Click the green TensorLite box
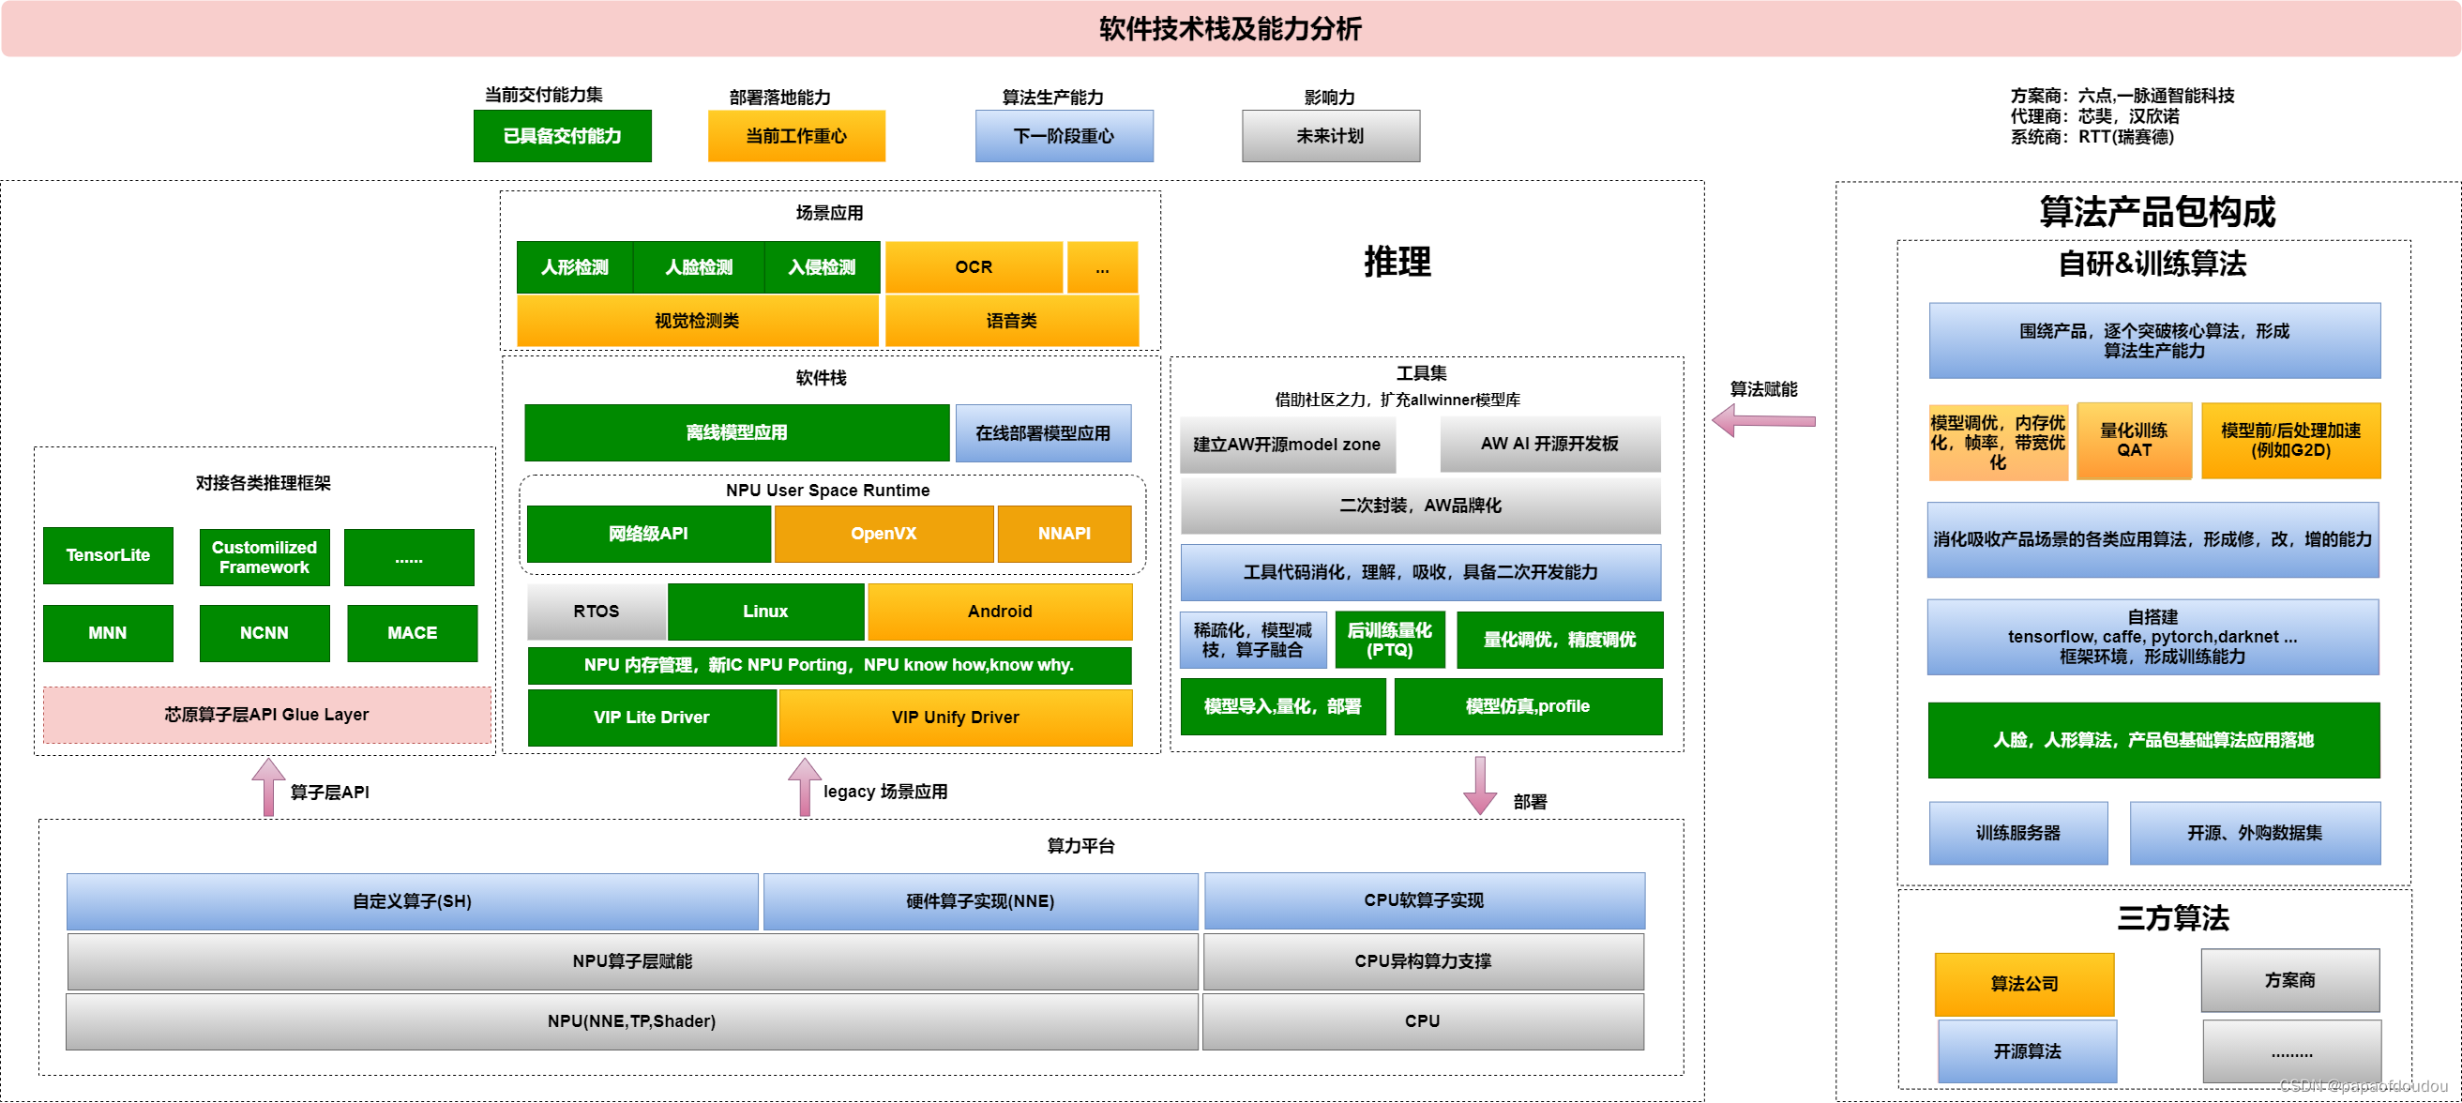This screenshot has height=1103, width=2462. (x=108, y=555)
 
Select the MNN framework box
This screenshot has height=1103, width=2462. (x=108, y=633)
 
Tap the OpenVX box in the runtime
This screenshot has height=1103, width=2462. (x=884, y=534)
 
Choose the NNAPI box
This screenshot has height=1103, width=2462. (x=1064, y=534)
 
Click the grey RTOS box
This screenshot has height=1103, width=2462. (x=597, y=612)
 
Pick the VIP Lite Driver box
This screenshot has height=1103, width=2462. (x=651, y=717)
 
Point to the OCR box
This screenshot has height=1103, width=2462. (x=973, y=267)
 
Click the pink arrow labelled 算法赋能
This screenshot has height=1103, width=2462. (x=1763, y=420)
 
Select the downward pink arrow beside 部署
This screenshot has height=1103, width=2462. (x=1479, y=786)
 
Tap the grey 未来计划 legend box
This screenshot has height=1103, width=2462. (x=1330, y=136)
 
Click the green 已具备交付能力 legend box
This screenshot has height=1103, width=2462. (x=562, y=136)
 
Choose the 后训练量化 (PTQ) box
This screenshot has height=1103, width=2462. (x=1389, y=640)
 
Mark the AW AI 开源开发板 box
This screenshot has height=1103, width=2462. (x=1549, y=444)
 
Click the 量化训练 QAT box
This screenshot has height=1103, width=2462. (x=2133, y=441)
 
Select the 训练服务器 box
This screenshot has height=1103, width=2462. (x=2017, y=833)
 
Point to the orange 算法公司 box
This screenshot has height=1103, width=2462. (x=2023, y=984)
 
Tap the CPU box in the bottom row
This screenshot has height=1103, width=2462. (x=1422, y=1020)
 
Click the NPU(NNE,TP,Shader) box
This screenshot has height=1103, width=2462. (x=631, y=1020)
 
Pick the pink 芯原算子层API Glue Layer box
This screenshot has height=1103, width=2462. (x=265, y=714)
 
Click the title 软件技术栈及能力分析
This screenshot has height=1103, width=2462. (x=1230, y=29)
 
